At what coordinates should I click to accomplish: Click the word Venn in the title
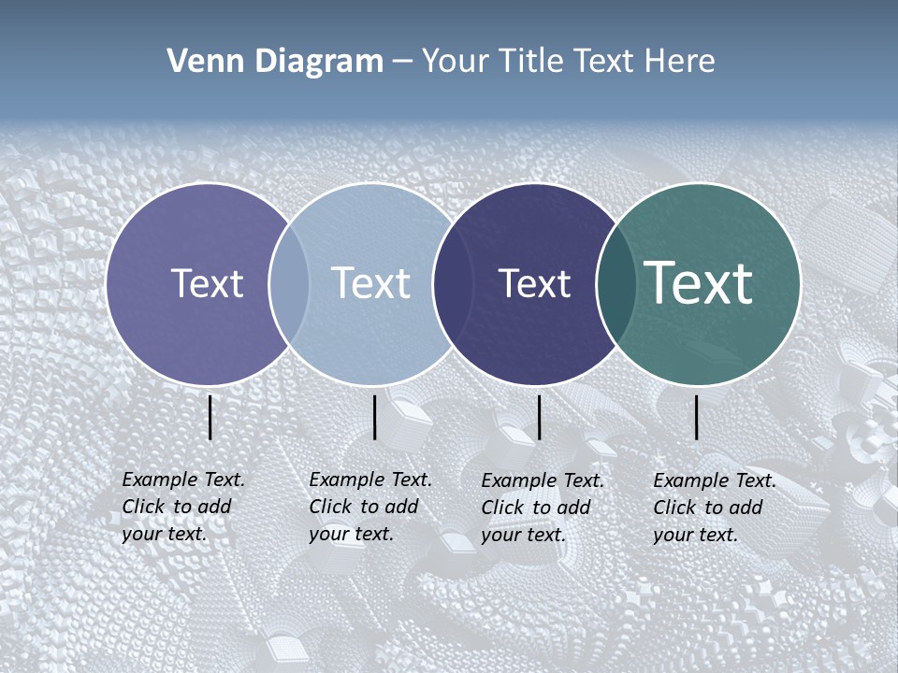199,62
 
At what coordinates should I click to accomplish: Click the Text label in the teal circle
699,282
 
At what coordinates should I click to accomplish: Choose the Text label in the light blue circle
370,283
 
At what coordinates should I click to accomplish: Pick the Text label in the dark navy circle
534,283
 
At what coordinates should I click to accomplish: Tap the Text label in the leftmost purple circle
207,283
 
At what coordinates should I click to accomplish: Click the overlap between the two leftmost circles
289,284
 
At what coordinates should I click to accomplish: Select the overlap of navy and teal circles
616,284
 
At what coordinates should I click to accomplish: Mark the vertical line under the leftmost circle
210,417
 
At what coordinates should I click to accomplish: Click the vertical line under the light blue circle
374,417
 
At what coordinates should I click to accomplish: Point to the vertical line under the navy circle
540,417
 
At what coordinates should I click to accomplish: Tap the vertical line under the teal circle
697,417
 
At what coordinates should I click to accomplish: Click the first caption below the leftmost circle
183,507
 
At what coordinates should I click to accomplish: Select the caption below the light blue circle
370,507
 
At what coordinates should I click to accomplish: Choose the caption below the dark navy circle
543,508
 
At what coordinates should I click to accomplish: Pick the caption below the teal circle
715,508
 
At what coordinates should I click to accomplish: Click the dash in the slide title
402,63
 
